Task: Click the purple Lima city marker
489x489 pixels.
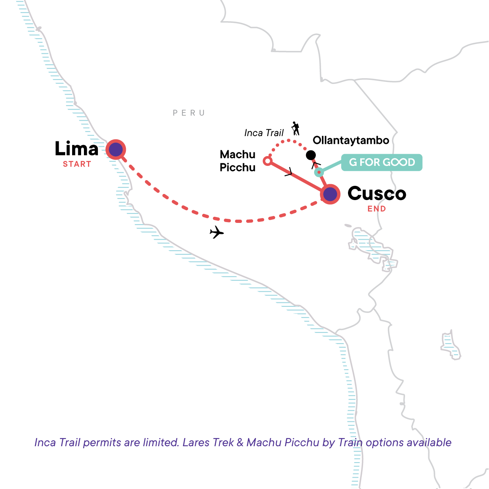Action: [x=116, y=150]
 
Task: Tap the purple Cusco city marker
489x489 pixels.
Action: [x=330, y=194]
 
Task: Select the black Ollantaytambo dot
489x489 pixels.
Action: [x=311, y=155]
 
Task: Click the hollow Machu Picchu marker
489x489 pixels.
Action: [x=267, y=161]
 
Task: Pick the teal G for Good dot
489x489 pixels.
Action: [x=319, y=172]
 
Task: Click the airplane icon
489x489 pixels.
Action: [x=217, y=233]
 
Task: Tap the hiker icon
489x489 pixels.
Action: [x=295, y=128]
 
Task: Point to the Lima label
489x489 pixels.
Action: [x=77, y=149]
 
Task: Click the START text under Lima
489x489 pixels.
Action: [x=77, y=164]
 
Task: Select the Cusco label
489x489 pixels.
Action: [x=377, y=194]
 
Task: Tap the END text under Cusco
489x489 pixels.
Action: [x=377, y=209]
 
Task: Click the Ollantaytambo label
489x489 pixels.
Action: [x=351, y=141]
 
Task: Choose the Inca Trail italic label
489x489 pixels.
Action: [x=264, y=133]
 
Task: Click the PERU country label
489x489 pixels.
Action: [x=189, y=113]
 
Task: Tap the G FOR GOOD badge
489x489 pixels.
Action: [x=382, y=162]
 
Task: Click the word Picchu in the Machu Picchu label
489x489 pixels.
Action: [x=238, y=167]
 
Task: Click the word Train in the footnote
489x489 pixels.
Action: [x=350, y=443]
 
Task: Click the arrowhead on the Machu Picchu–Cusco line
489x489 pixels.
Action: [x=289, y=173]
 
